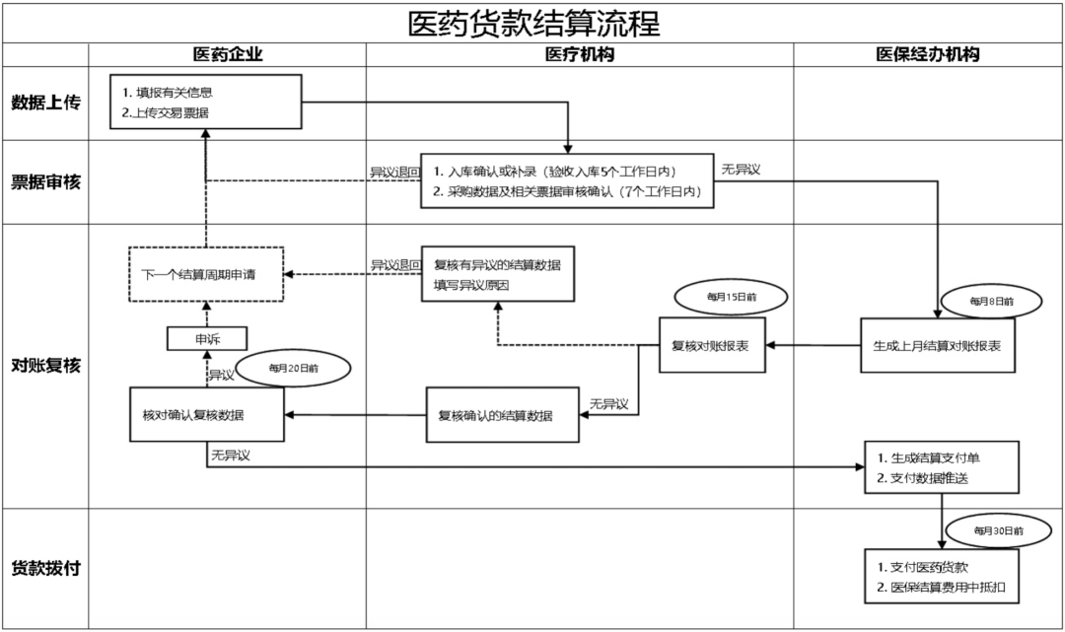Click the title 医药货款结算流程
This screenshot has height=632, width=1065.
(533, 23)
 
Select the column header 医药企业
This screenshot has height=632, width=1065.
(228, 55)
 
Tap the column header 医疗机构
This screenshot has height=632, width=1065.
(579, 55)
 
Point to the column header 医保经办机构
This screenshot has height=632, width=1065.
(928, 55)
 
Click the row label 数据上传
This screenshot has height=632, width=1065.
(45, 103)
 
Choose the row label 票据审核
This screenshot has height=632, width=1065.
(45, 181)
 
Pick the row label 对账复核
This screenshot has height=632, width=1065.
(45, 366)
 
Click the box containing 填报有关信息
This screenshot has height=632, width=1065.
(205, 103)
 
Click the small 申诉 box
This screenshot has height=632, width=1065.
(207, 339)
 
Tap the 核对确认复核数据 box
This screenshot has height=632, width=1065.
(207, 414)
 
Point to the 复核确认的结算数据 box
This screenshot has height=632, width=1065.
(503, 415)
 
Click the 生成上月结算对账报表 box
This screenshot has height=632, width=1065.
(937, 345)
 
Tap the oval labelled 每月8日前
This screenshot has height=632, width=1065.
(990, 301)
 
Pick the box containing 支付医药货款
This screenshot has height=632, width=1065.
(942, 578)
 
